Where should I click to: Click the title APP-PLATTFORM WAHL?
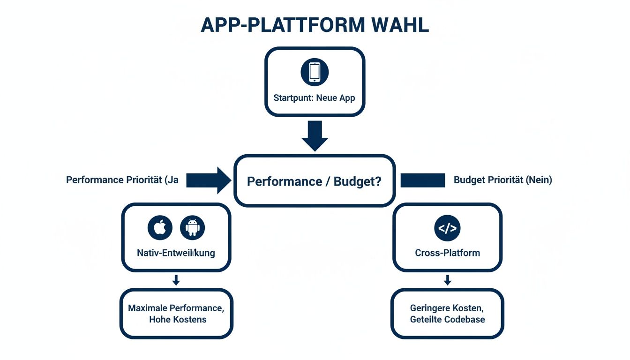click(315, 25)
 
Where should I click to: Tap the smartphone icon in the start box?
click(315, 72)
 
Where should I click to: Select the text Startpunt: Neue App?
click(314, 98)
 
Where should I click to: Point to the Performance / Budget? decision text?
click(314, 181)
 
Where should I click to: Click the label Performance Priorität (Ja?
click(122, 180)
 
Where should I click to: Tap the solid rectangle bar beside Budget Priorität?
click(422, 180)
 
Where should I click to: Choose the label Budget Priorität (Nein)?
click(502, 180)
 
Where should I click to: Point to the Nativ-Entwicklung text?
click(176, 253)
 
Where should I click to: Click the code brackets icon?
click(447, 228)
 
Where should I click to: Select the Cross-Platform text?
click(447, 253)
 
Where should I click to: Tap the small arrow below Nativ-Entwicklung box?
click(176, 280)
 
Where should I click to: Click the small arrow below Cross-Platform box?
click(447, 280)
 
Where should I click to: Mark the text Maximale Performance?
click(176, 308)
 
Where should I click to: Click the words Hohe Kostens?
click(178, 320)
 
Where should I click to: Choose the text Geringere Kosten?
click(446, 308)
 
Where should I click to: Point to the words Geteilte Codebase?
click(447, 320)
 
